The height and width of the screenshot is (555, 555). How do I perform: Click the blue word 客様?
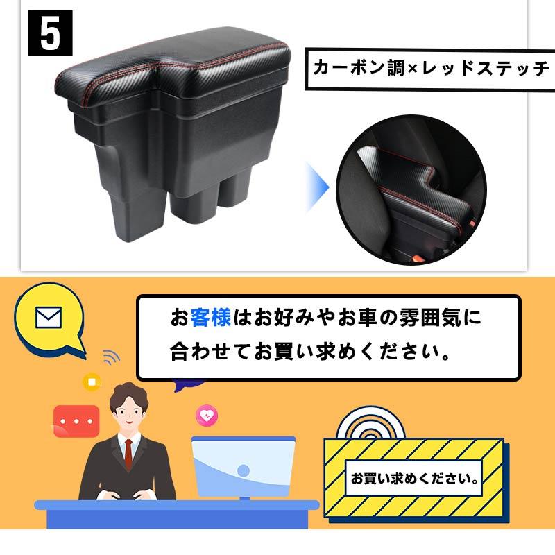[x=211, y=318]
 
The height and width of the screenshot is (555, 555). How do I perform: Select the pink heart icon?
[x=207, y=415]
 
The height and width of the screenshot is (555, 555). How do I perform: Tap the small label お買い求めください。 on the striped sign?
[x=415, y=479]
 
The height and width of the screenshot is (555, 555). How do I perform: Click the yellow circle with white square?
[x=92, y=381]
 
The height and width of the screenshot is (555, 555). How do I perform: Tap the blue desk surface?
[x=173, y=506]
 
